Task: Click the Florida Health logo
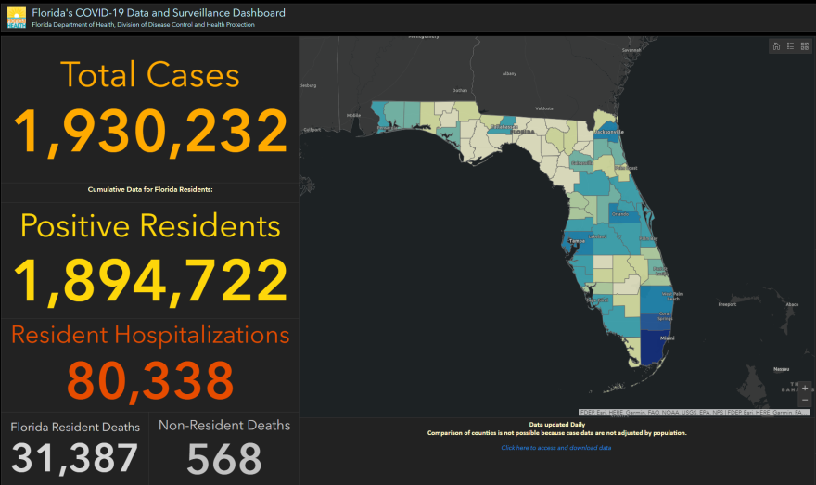(16, 18)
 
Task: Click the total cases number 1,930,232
(149, 131)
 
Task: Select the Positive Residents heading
(149, 225)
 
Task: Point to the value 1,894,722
(149, 278)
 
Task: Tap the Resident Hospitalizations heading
(149, 335)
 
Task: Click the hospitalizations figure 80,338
(149, 380)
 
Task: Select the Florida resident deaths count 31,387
(75, 458)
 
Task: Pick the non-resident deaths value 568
(223, 458)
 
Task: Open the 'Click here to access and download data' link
(556, 448)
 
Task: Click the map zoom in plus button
(804, 388)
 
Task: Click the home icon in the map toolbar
(776, 46)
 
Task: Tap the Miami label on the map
(666, 338)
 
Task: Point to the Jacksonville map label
(609, 132)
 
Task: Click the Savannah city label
(631, 50)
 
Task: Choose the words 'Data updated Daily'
(556, 425)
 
